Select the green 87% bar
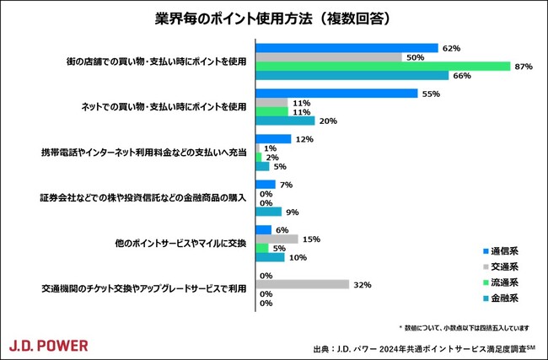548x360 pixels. (382, 66)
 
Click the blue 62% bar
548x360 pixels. (346, 48)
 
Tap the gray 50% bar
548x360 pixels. (328, 57)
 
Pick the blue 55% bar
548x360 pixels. (336, 94)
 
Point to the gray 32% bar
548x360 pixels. (302, 285)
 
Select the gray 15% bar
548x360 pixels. (276, 239)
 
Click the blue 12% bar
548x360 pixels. (272, 139)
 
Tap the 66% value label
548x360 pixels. (461, 76)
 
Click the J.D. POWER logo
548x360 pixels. (48, 345)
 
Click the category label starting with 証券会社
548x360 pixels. (142, 198)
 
